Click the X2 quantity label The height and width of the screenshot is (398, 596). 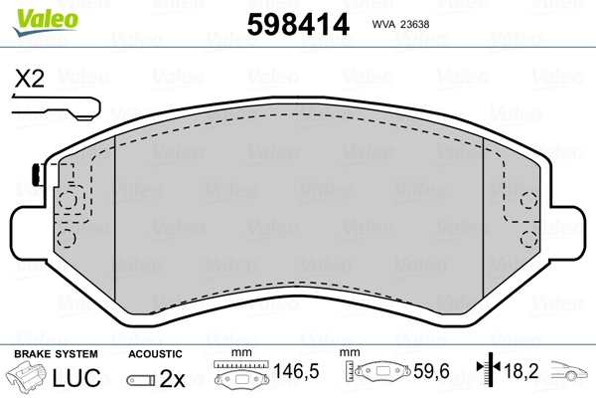pos(30,80)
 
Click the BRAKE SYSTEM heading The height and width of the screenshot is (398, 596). pos(55,353)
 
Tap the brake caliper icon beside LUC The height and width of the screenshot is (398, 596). pos(30,378)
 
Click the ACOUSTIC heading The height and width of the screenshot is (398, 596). pos(155,353)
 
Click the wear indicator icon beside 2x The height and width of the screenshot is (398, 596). pos(141,379)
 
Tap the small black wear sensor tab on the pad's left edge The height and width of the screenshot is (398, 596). pos(35,174)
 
